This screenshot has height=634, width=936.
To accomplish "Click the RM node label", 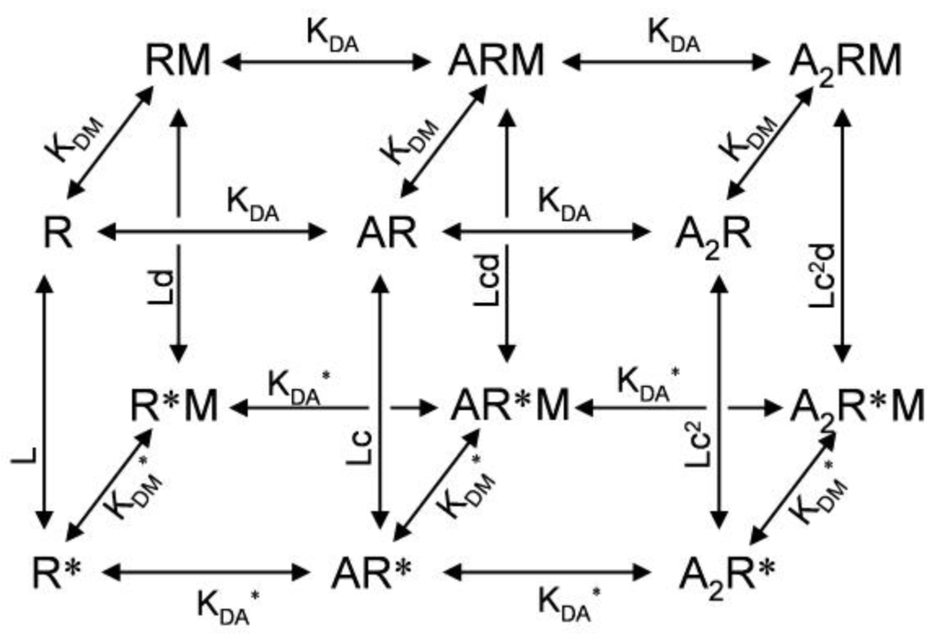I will click(x=178, y=62).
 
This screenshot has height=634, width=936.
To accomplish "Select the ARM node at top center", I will click(x=496, y=62).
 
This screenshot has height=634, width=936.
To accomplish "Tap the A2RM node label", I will click(x=846, y=62).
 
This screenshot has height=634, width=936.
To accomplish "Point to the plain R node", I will click(x=57, y=232).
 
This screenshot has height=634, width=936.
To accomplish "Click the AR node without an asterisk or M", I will click(x=386, y=233).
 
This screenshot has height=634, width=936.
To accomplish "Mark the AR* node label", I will click(x=375, y=574).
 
